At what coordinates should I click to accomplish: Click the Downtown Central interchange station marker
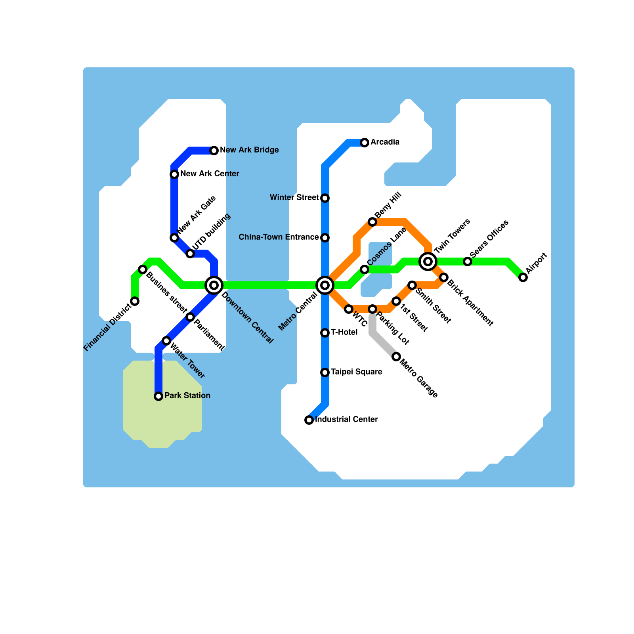coord(214,285)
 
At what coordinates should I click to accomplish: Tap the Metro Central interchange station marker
coord(325,285)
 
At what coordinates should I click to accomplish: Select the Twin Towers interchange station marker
coord(428,261)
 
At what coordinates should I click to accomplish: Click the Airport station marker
coord(523,277)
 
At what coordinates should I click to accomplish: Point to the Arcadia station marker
coord(365,142)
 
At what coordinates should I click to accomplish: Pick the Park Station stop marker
coord(158,396)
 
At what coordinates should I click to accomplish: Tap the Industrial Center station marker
coord(309,420)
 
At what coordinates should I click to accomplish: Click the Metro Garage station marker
coord(396,357)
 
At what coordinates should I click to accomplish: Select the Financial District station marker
coord(135,301)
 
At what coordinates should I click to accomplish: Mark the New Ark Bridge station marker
coord(214,150)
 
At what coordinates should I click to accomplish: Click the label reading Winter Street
coord(294,197)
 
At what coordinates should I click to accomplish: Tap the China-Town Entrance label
coord(279,237)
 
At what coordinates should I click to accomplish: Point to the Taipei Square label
coord(356,372)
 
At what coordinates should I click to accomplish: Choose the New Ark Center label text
coord(210,174)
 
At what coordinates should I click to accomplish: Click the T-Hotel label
coord(344,332)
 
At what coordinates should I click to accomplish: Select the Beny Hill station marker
coord(372,222)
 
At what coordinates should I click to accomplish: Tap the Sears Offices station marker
coord(468,262)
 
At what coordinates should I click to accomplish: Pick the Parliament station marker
coord(190,317)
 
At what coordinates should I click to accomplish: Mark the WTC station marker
coord(349,309)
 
